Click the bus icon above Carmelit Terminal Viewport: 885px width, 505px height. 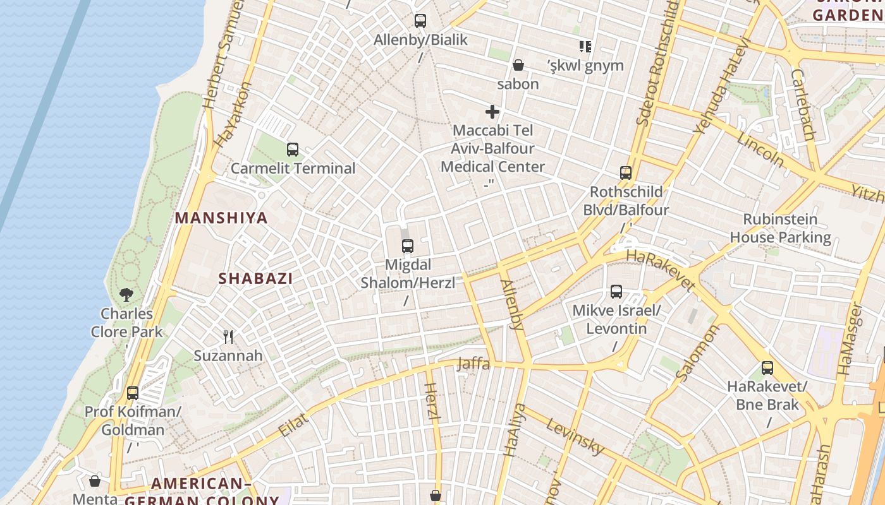click(292, 150)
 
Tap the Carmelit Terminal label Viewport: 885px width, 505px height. click(293, 169)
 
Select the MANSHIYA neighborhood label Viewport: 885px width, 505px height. click(221, 218)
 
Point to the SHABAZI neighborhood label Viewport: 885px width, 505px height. click(255, 278)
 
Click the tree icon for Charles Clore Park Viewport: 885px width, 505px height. click(126, 294)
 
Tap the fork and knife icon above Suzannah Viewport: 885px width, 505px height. click(228, 337)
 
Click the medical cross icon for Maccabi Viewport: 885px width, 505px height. click(492, 112)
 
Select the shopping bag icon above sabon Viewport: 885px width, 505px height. click(518, 65)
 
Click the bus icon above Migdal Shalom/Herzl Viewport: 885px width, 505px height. click(408, 246)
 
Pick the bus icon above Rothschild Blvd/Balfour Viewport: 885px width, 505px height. click(626, 173)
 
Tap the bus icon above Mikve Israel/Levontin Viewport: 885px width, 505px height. click(616, 292)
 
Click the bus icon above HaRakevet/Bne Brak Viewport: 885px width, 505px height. click(767, 367)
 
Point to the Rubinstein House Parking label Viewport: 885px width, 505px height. click(780, 229)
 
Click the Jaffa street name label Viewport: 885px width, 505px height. click(473, 364)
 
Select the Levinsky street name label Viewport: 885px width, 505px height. click(575, 436)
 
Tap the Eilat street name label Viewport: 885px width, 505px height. click(293, 424)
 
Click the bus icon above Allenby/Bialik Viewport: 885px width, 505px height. click(420, 21)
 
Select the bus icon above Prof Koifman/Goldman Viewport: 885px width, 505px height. click(133, 393)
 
